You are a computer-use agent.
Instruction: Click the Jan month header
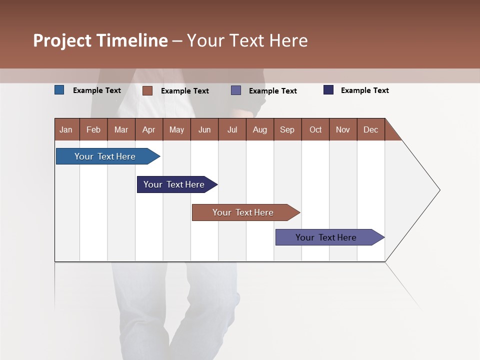coord(66,129)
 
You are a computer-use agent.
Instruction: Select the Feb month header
coord(93,129)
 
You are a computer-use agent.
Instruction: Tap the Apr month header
coord(148,129)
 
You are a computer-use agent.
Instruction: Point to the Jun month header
coord(204,129)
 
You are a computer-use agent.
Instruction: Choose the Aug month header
coord(259,129)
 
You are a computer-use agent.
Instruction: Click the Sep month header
coord(287,129)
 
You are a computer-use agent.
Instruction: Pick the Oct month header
coord(315,129)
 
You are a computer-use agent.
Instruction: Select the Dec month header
coord(370,129)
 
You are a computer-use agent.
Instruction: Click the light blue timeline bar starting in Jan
coord(105,156)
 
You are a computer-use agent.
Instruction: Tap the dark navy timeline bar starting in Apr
coord(174,184)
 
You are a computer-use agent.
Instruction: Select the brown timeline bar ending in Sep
coord(243,212)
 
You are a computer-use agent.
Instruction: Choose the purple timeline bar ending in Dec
coord(326,237)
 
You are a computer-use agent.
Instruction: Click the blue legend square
coord(59,90)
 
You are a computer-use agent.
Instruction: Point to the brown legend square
coord(147,90)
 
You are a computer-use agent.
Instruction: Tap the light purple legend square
coord(236,90)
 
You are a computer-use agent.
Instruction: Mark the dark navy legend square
coord(328,90)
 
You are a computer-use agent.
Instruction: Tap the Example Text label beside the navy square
coord(364,90)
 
